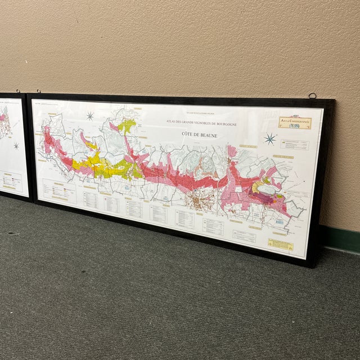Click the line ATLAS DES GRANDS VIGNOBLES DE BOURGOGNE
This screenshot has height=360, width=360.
point(201,122)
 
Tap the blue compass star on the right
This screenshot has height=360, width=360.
point(270,138)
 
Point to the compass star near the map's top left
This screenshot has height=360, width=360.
point(90,116)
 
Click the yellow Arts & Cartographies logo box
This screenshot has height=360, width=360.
point(293,122)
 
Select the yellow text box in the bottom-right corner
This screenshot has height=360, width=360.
point(280,245)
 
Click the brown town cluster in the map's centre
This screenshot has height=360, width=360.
point(198,200)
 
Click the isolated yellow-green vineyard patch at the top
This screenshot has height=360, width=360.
point(127,125)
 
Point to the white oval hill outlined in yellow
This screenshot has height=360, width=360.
point(268,190)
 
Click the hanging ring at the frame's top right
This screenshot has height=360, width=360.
point(312,96)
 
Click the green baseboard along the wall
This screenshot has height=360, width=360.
point(341,238)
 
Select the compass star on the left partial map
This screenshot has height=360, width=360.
point(16,146)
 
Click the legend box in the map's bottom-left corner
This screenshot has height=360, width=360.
point(59,191)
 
